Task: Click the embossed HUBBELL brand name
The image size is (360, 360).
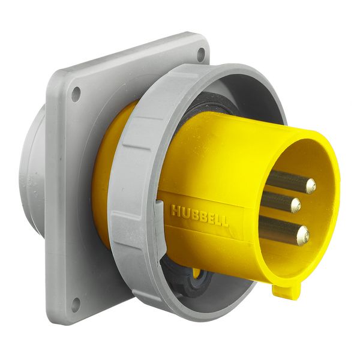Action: tap(199, 215)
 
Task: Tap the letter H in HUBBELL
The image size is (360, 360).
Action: tap(175, 211)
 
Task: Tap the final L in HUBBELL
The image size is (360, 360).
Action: tap(225, 221)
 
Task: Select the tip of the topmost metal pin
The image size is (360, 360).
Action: tap(310, 187)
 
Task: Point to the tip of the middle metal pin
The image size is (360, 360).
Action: tap(295, 206)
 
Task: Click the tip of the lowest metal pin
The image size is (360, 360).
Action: tap(302, 233)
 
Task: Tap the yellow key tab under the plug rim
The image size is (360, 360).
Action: tap(286, 291)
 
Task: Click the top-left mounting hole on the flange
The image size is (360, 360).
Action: tap(76, 94)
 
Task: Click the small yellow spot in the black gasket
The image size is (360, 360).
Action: tap(197, 273)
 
